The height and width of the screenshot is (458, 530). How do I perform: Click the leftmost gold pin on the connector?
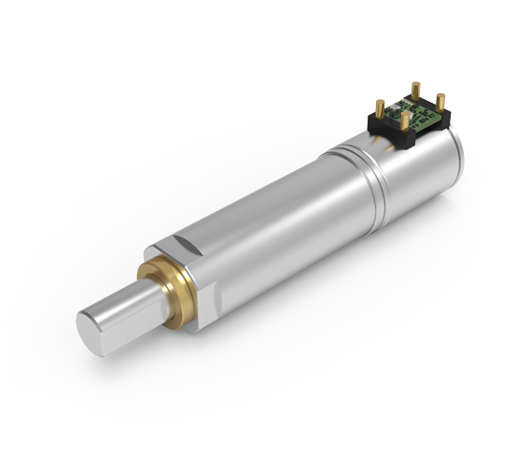(380, 106)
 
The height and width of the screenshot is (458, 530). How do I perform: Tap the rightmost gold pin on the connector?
(440, 100)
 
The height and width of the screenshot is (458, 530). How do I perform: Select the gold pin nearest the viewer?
(401, 121)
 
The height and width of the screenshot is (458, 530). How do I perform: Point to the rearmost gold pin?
(415, 89)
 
